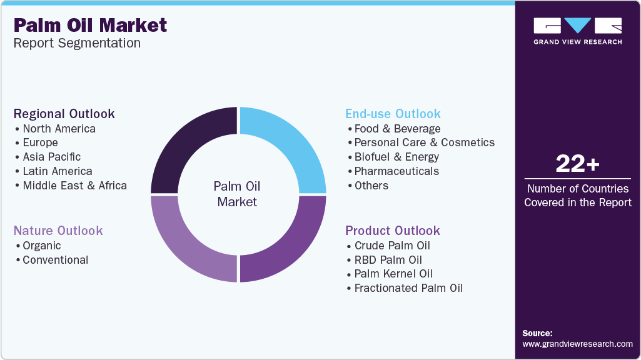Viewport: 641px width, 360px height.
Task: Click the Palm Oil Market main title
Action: [x=90, y=26]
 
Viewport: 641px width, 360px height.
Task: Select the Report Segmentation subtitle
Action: [x=77, y=43]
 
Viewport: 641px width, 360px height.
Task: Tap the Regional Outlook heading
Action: [x=64, y=114]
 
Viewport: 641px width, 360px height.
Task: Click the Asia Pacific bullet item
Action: [x=51, y=157]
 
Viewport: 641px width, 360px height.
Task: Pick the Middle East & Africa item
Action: [x=75, y=186]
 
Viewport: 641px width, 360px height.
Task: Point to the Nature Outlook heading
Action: [x=58, y=231]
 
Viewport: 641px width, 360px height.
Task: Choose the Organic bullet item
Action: [x=42, y=246]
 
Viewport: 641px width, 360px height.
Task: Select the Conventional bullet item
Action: [x=55, y=260]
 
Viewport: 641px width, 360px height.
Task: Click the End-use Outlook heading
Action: [x=393, y=114]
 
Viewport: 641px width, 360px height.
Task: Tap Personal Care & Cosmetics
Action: [x=425, y=142]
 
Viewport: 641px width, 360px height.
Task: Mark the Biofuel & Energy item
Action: [x=396, y=157]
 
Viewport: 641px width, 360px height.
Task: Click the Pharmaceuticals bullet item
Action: [x=396, y=171]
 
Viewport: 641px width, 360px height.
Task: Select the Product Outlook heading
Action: [x=393, y=231]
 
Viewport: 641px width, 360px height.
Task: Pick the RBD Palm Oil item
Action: [x=388, y=260]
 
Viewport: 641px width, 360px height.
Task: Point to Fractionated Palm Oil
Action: [x=408, y=288]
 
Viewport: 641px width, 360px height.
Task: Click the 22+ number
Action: [x=578, y=164]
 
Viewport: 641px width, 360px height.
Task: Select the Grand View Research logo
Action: [x=578, y=31]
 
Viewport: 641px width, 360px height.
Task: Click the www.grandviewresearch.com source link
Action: [x=577, y=344]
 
